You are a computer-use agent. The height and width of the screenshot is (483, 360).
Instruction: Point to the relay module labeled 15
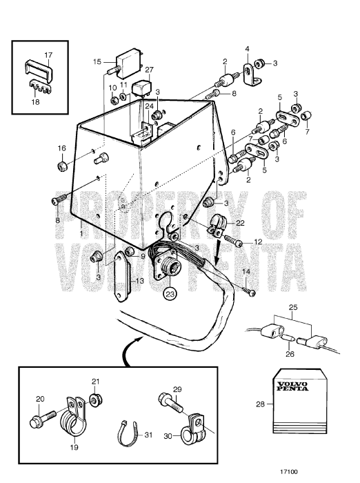point(130,60)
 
